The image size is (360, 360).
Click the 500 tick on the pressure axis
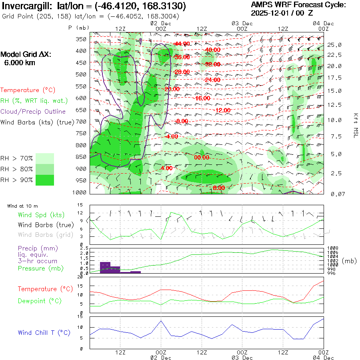(82, 74)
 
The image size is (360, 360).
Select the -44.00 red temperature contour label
(182, 44)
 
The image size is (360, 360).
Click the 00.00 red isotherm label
(202, 158)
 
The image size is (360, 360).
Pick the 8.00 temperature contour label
(219, 188)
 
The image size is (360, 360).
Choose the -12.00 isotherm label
(222, 110)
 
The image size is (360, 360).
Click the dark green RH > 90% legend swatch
(44, 180)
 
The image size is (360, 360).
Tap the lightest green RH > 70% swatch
(44, 158)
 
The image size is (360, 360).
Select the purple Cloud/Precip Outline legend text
(33, 112)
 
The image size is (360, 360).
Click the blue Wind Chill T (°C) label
(44, 333)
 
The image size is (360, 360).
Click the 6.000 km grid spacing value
(19, 63)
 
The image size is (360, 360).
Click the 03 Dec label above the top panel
(242, 23)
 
